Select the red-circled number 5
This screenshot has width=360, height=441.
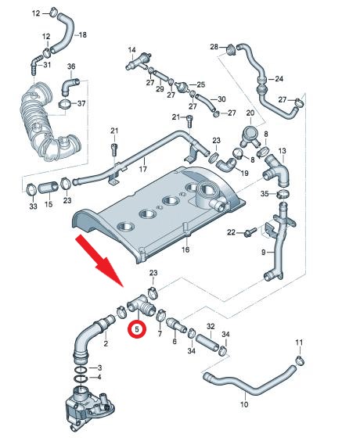pyautogui.click(x=138, y=329)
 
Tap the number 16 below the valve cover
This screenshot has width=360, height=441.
pyautogui.click(x=185, y=250)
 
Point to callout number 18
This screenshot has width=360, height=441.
pyautogui.click(x=84, y=35)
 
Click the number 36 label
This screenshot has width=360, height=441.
pyautogui.click(x=70, y=66)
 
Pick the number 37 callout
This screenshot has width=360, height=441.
pyautogui.click(x=81, y=104)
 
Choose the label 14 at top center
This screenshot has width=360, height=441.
pyautogui.click(x=134, y=49)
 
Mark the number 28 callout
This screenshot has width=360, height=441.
pyautogui.click(x=214, y=48)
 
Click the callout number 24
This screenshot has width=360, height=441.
pyautogui.click(x=279, y=78)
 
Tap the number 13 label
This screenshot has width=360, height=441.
pyautogui.click(x=283, y=150)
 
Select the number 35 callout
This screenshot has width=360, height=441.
pyautogui.click(x=265, y=193)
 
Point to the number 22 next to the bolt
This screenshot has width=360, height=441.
pyautogui.click(x=231, y=232)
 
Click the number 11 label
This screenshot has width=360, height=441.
pyautogui.click(x=298, y=343)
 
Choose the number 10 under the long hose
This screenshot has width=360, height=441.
pyautogui.click(x=243, y=404)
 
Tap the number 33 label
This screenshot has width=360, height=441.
pyautogui.click(x=32, y=206)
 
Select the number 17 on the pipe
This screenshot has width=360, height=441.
pyautogui.click(x=142, y=169)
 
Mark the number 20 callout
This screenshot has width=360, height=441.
pyautogui.click(x=250, y=113)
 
